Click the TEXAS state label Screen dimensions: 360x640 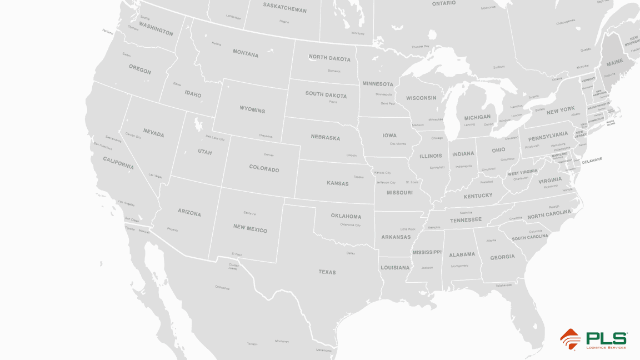327,272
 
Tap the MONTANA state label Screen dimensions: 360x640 245,53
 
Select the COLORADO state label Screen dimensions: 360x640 264,168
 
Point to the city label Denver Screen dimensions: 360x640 269,155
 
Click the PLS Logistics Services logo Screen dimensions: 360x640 593,339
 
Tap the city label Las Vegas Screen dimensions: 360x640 156,176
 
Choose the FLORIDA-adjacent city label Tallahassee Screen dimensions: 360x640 503,285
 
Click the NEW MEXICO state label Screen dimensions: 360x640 250,228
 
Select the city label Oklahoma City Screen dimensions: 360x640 350,225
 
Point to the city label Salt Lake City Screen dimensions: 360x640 215,137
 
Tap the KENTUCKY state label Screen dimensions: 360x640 478,196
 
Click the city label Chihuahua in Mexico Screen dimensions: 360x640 222,288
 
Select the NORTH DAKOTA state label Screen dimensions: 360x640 329,58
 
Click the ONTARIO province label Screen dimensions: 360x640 444,3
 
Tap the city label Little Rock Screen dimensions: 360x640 408,229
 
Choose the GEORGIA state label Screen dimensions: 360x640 502,257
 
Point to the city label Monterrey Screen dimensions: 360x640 282,341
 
